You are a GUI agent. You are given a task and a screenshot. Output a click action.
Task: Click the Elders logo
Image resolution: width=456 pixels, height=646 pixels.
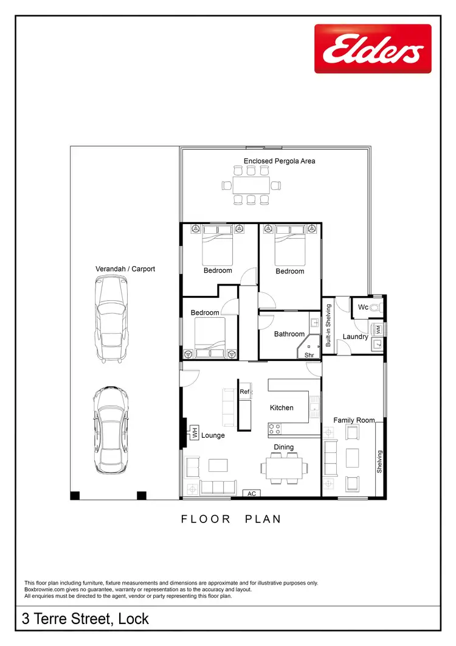[372, 49]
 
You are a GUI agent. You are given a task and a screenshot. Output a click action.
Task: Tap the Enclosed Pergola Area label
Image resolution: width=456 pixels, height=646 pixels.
[279, 161]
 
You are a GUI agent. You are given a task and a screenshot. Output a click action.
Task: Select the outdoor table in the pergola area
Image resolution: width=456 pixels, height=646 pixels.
[250, 184]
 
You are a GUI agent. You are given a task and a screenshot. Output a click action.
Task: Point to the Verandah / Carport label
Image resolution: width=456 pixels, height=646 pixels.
[125, 269]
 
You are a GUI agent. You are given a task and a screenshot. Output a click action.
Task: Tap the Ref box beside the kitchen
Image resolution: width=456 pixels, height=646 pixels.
[244, 392]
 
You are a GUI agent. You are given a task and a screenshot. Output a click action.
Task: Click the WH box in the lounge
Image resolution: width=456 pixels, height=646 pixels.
[195, 432]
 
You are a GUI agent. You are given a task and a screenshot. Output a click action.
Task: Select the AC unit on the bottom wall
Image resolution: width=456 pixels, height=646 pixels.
[252, 493]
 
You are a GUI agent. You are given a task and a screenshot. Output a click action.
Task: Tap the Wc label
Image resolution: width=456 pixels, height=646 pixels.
[363, 307]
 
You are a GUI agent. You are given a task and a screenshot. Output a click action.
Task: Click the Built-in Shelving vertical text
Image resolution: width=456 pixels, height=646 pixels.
[328, 326]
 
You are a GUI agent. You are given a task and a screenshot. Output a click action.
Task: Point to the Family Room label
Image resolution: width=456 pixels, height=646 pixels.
[354, 420]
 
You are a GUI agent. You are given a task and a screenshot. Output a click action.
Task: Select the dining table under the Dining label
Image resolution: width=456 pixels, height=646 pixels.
[283, 468]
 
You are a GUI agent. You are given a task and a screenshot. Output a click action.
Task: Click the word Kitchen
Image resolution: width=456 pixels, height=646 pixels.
[282, 407]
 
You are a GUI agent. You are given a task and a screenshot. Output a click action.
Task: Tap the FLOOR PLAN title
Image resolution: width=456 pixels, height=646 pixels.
[231, 519]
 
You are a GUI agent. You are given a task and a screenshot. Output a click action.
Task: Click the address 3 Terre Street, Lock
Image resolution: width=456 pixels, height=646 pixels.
[85, 620]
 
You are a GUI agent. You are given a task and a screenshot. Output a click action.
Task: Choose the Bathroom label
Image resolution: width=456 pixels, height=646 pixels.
[289, 334]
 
